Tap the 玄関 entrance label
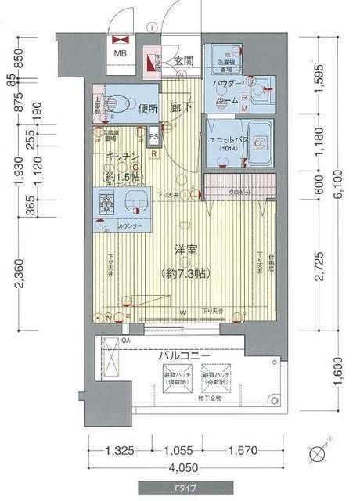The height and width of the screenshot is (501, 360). (x=183, y=61)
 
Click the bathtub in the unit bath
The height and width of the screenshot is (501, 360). (x=257, y=140)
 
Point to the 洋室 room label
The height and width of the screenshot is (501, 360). (x=185, y=250)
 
